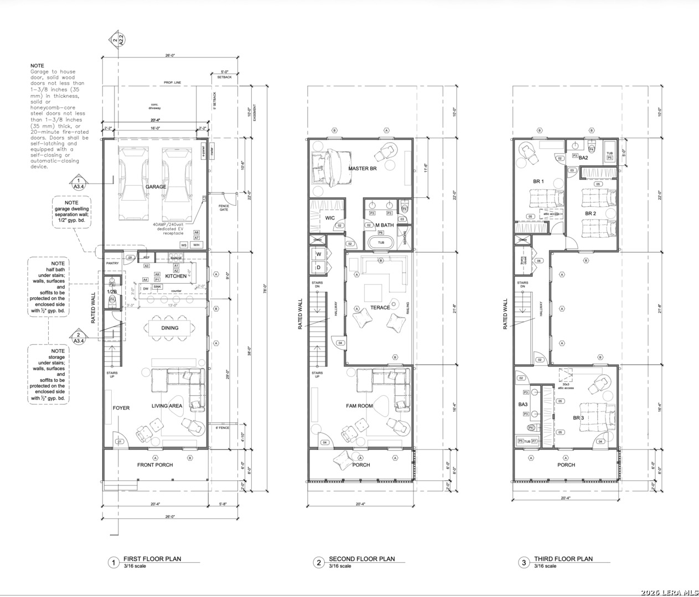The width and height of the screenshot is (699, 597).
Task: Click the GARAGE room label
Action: [x=156, y=187]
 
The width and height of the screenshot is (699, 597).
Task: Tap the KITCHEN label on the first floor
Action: [x=176, y=276]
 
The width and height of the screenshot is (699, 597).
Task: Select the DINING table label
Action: [x=170, y=328]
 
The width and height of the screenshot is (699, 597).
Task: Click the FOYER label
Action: [x=121, y=408]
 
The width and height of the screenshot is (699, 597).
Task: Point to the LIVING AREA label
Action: [x=167, y=406]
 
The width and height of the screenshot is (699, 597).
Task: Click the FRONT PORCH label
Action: [x=155, y=465]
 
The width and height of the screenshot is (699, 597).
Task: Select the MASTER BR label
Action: [x=363, y=169]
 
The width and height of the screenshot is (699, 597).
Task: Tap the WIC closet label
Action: [x=330, y=218]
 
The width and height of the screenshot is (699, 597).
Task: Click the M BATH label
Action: [x=385, y=225]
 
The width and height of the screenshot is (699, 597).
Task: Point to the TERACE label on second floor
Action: [x=380, y=308]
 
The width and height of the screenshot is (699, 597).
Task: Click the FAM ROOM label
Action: [x=360, y=406]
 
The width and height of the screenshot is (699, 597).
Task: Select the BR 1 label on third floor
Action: [x=539, y=181]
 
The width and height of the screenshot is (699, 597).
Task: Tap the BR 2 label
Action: [x=591, y=213]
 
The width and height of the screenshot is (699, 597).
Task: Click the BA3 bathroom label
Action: [x=523, y=405]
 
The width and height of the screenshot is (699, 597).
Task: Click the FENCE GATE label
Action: [x=224, y=208]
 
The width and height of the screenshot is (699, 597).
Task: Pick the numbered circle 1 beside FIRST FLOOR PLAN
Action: [x=113, y=563]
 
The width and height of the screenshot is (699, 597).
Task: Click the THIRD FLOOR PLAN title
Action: [x=563, y=559]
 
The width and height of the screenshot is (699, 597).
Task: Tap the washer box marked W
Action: [x=319, y=254]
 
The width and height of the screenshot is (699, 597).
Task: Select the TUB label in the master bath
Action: [x=381, y=243]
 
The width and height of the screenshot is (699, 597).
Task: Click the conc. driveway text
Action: [x=154, y=106]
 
